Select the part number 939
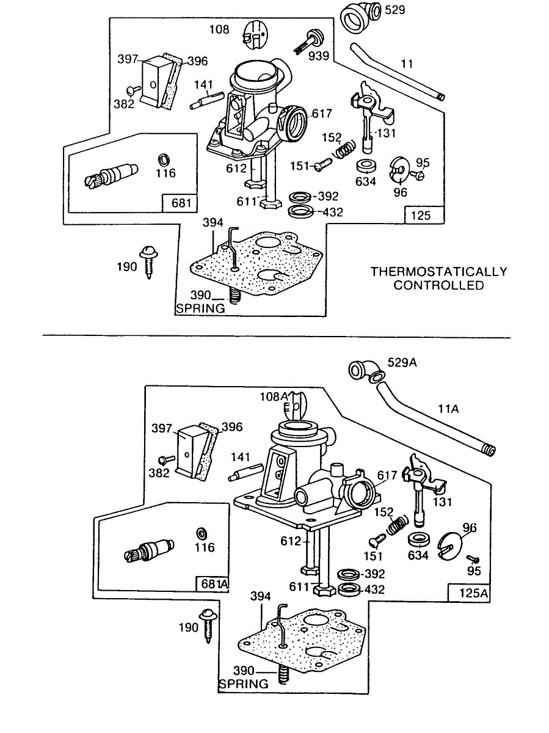tap(319, 56)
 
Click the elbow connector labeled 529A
tap(364, 371)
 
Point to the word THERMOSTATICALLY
tap(439, 271)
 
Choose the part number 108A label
tap(274, 396)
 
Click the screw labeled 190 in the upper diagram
tap(149, 262)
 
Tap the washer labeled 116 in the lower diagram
tap(202, 533)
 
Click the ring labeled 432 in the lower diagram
tap(349, 589)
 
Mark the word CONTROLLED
tap(438, 285)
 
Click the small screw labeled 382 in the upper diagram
tap(134, 90)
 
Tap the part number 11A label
tap(448, 409)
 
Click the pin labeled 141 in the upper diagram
tap(207, 100)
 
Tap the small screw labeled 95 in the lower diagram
tap(473, 558)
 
